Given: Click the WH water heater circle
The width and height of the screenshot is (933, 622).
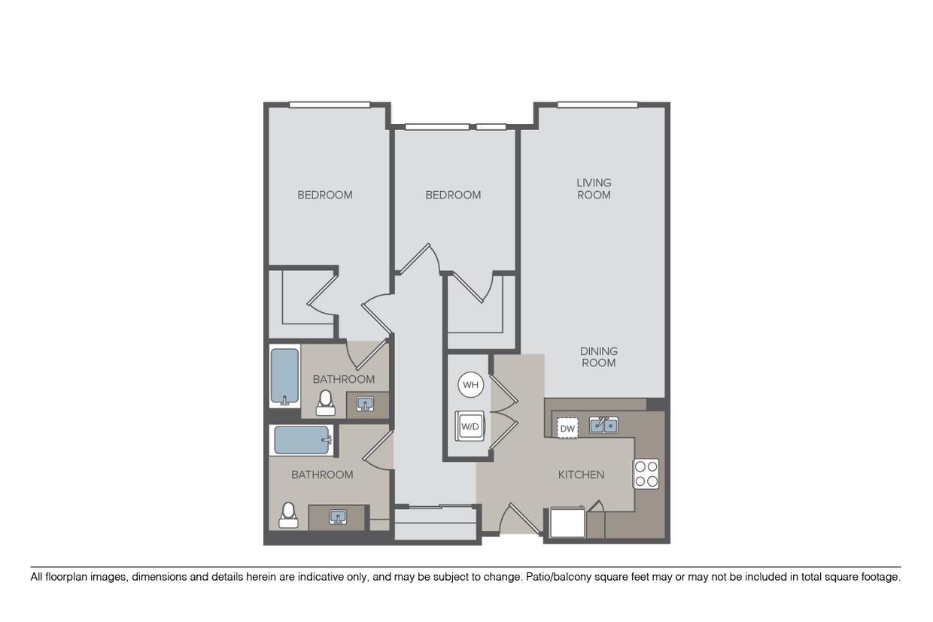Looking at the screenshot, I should (x=470, y=386).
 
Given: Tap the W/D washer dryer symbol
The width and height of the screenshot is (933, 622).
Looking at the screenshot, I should (x=470, y=426).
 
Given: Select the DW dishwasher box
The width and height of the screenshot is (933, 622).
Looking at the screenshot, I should (x=567, y=429).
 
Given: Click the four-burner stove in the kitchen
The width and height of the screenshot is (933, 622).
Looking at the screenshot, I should (x=646, y=473).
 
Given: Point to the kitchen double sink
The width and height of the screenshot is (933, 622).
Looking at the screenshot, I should (x=603, y=426).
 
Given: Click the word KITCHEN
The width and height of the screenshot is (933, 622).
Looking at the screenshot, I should (x=581, y=475).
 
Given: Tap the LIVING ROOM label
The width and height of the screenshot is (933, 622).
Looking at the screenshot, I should (x=594, y=188).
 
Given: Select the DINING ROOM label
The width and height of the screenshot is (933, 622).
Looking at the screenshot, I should (x=598, y=357).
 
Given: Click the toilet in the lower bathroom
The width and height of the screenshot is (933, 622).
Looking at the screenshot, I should (x=287, y=514).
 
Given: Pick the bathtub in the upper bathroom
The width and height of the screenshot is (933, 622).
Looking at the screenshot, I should (x=285, y=376).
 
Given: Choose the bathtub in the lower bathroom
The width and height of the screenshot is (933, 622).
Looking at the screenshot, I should (x=302, y=440).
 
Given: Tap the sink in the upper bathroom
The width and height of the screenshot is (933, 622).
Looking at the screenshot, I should (x=366, y=405).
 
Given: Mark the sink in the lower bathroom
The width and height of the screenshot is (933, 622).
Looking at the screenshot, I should (x=339, y=517).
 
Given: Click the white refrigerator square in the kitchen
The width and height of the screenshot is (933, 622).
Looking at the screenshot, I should (x=568, y=522).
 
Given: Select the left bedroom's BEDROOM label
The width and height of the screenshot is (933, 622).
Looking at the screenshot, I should (x=325, y=195).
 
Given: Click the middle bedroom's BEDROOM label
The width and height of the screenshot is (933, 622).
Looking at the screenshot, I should (x=453, y=195).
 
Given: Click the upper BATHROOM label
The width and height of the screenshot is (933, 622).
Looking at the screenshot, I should (x=344, y=379).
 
